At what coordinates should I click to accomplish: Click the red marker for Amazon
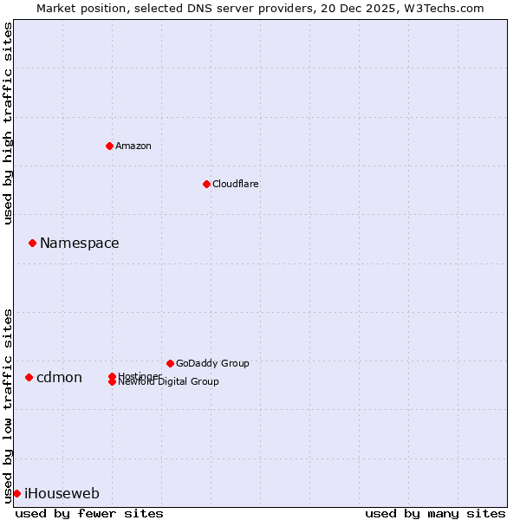coord(109,146)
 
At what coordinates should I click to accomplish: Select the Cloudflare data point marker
coord(206,184)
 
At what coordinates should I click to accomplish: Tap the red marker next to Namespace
coord(32,243)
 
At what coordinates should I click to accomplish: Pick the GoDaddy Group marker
coord(170,363)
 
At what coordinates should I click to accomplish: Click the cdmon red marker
coord(29,377)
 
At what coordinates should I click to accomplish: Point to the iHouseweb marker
coord(16,493)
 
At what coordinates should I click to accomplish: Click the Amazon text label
coord(133,146)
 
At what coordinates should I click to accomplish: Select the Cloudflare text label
coord(235,184)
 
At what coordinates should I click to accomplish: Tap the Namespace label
coord(80,243)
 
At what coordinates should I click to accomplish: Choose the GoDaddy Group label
coord(212,363)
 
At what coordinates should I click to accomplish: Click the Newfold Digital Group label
coord(169,382)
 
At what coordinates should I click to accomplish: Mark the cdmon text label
coord(59,377)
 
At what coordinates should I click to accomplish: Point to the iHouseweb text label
coord(62,494)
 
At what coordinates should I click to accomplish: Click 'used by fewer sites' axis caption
coord(89,513)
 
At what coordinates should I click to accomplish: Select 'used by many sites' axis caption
coord(435,513)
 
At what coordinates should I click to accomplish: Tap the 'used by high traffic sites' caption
coord(8,123)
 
